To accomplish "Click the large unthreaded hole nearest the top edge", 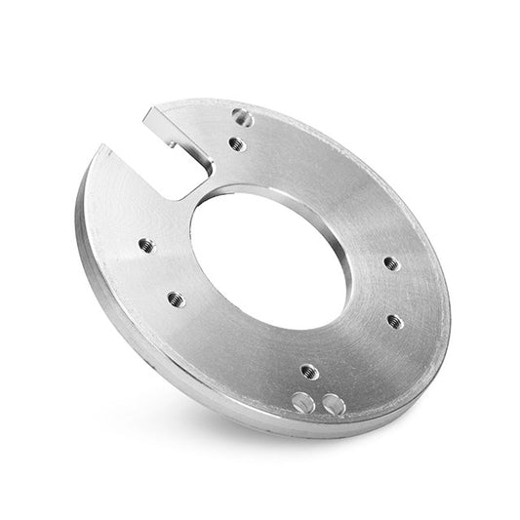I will tap(242, 116).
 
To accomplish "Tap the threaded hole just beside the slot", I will tap(234, 144).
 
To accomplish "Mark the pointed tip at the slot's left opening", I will tap(100, 146).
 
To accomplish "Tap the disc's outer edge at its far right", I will tap(450, 293).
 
